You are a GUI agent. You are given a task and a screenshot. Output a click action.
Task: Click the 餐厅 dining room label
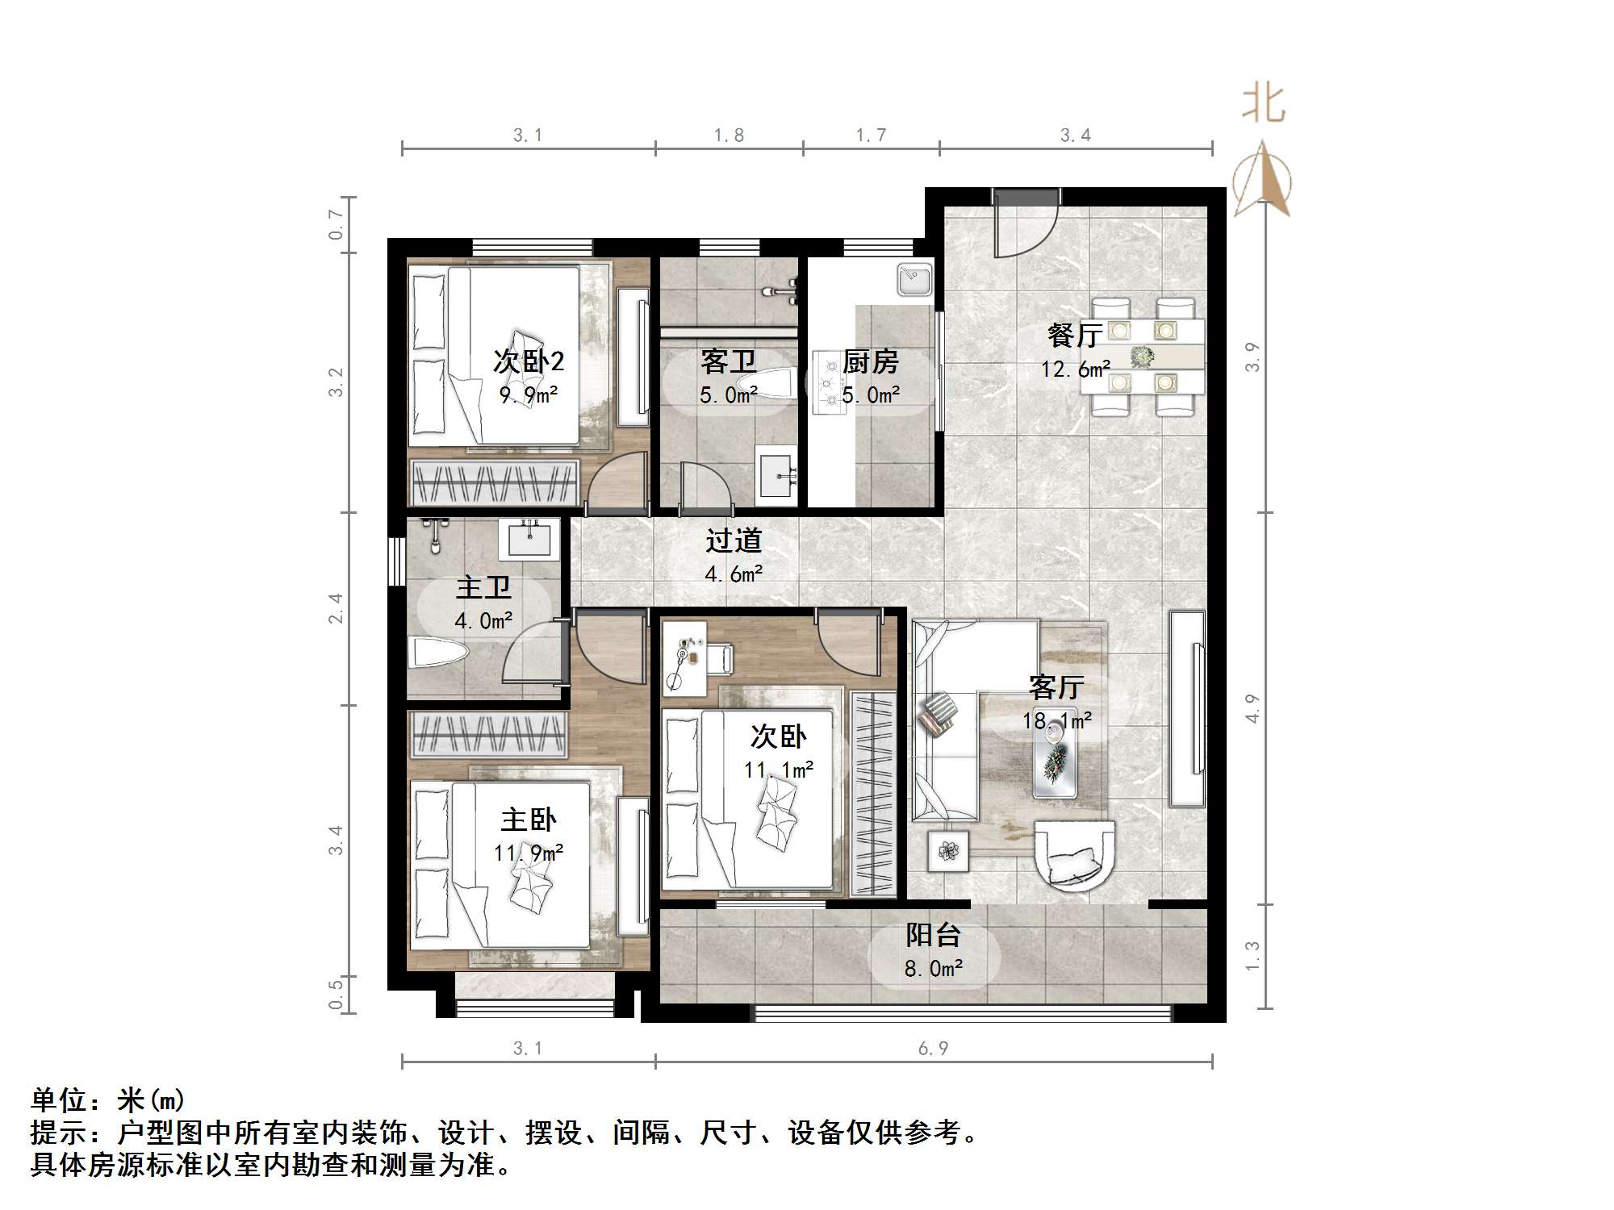coord(1075,335)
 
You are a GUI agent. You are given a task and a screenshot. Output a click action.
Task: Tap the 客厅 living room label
coord(1056,686)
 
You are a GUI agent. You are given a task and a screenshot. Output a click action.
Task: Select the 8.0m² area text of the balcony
coord(934,968)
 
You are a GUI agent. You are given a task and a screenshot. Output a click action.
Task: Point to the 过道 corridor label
coord(734,540)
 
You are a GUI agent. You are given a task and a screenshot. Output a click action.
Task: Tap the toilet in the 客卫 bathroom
coord(767,383)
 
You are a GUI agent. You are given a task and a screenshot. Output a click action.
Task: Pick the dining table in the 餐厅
coord(1142,356)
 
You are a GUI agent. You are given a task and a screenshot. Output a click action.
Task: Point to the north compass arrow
coord(1262,178)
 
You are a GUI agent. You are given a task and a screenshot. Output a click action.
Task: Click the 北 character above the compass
coord(1263,105)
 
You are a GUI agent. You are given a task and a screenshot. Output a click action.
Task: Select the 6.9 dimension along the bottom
coord(933,1048)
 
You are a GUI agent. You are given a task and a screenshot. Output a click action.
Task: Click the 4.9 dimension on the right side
coord(1252,708)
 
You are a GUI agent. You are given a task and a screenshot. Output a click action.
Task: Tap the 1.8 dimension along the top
coord(729,135)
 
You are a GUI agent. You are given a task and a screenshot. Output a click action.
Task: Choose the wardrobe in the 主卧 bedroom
coord(488,734)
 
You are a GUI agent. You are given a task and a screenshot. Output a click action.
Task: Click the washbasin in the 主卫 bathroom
coord(529,539)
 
